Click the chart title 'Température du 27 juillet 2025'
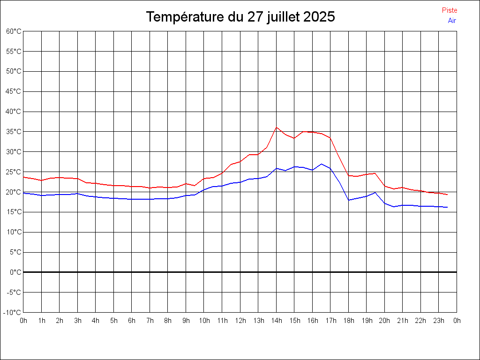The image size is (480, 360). click(x=240, y=17)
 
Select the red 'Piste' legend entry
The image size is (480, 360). click(x=450, y=10)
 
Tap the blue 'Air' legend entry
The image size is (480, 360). click(x=452, y=20)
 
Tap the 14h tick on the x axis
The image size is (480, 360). click(x=277, y=321)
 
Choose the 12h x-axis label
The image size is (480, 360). click(x=240, y=321)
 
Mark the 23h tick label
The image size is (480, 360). click(x=439, y=321)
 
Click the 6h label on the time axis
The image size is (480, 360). click(x=132, y=321)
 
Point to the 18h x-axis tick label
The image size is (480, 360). click(x=349, y=321)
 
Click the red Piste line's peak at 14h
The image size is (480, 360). click(x=277, y=127)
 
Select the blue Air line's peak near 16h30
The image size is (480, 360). click(x=322, y=164)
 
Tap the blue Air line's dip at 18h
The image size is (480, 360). click(x=349, y=200)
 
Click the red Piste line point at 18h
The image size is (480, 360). click(x=349, y=175)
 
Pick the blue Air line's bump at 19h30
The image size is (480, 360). click(x=375, y=192)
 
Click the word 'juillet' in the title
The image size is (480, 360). click(x=284, y=17)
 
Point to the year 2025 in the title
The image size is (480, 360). click(x=319, y=17)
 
